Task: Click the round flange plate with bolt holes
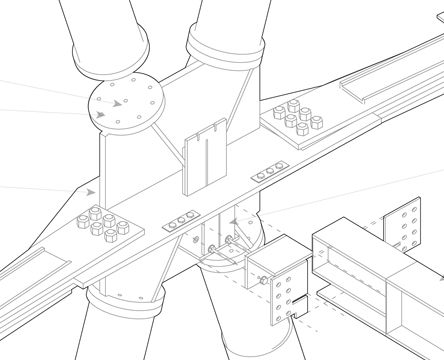[125, 105]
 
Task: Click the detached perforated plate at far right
[405, 227]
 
